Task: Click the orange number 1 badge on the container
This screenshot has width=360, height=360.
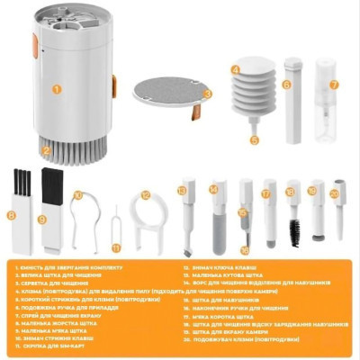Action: [56, 88]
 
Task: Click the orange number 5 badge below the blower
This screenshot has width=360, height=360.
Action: [255, 139]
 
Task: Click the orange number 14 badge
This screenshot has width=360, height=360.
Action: [214, 190]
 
